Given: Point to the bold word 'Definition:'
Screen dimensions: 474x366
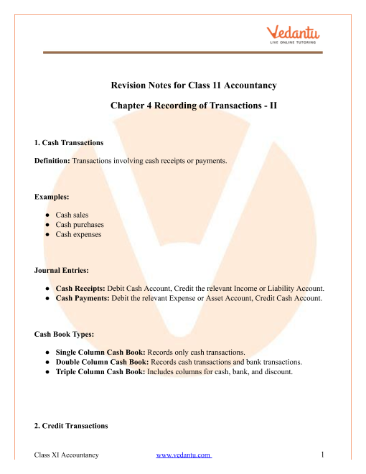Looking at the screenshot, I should [52, 161].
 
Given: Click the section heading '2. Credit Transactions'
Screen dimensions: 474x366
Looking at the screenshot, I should [71, 426].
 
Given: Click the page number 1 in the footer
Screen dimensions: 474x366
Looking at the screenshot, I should [324, 455].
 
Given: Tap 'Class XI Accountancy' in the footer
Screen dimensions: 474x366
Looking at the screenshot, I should [66, 455].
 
